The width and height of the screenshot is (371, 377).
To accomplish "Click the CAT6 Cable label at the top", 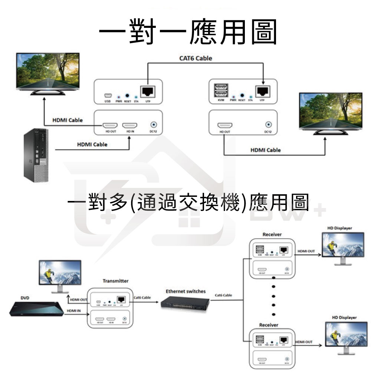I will (x=196, y=58).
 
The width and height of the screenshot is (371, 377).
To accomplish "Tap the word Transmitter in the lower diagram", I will (x=115, y=281).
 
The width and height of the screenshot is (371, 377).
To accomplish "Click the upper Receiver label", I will (x=272, y=234).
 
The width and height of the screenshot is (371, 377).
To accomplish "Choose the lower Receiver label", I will (x=269, y=325).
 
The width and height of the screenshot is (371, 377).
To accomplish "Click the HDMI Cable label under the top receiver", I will (x=266, y=150).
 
